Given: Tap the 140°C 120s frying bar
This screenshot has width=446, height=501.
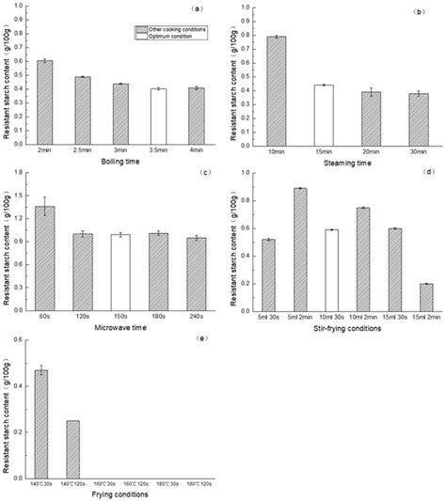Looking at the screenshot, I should point(72,443).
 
